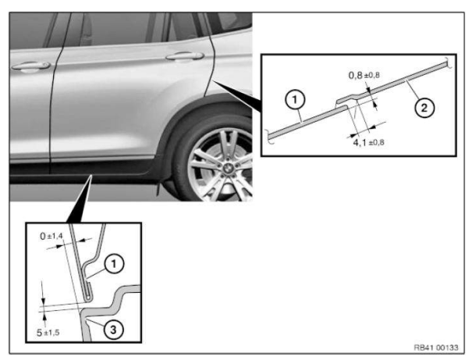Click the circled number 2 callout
point(424,108)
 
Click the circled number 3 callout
point(113,330)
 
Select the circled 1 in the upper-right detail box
point(295,99)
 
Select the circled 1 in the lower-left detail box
point(113,264)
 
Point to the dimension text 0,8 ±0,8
point(364,75)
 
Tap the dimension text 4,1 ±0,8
point(368,142)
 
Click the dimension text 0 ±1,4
point(51,236)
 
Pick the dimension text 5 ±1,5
point(48,333)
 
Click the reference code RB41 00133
point(436,348)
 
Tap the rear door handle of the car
point(185,56)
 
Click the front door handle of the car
point(30,66)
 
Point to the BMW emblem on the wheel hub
point(227,169)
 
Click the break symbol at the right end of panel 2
point(449,63)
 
